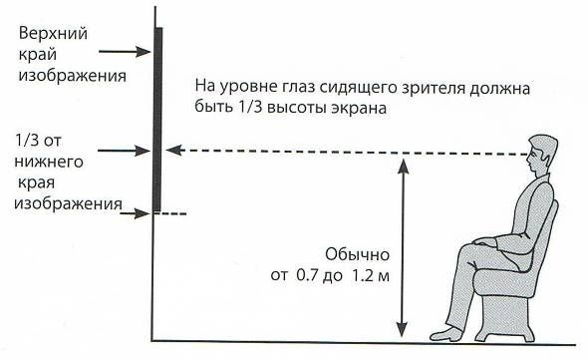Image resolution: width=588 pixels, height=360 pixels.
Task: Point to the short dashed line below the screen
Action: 171,213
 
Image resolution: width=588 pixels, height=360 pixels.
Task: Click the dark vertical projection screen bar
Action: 157,120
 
